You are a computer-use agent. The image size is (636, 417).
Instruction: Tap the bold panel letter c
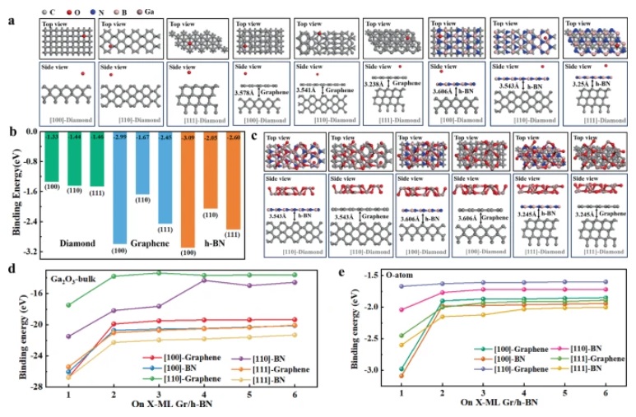(256, 137)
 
